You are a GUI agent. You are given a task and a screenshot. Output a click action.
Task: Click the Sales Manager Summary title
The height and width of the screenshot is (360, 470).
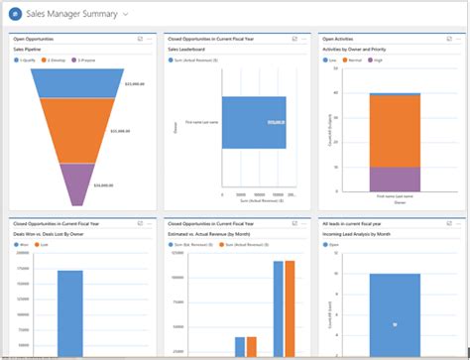click(72, 15)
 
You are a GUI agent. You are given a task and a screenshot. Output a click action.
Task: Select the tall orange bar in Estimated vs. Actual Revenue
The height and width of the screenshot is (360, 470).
click(290, 307)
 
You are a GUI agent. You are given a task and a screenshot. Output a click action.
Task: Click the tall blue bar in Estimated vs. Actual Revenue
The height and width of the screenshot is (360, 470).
click(278, 307)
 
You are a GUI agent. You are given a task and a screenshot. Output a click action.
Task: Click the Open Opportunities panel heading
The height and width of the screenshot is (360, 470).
click(36, 39)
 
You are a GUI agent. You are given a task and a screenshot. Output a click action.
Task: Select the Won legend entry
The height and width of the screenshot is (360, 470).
click(22, 243)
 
